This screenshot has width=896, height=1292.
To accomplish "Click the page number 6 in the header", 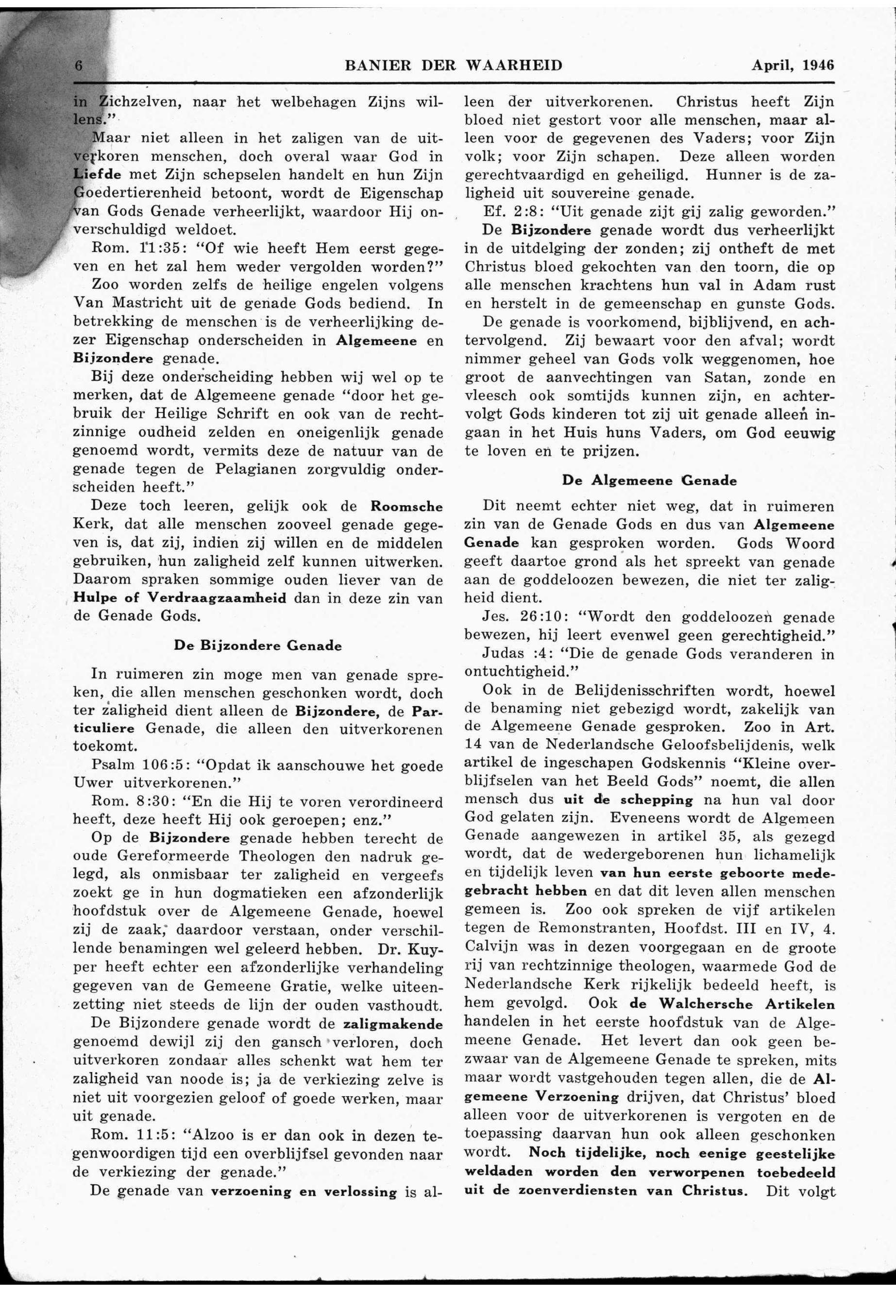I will coord(79,66).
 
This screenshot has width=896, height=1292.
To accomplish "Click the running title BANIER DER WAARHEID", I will coord(453,66).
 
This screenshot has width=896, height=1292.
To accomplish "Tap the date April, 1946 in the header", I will coord(793,65).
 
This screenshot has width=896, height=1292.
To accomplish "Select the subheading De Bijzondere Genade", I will coord(258,645).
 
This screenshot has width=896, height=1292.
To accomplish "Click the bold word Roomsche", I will coord(406,507).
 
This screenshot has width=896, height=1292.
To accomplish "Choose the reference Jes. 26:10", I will coord(521,616).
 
